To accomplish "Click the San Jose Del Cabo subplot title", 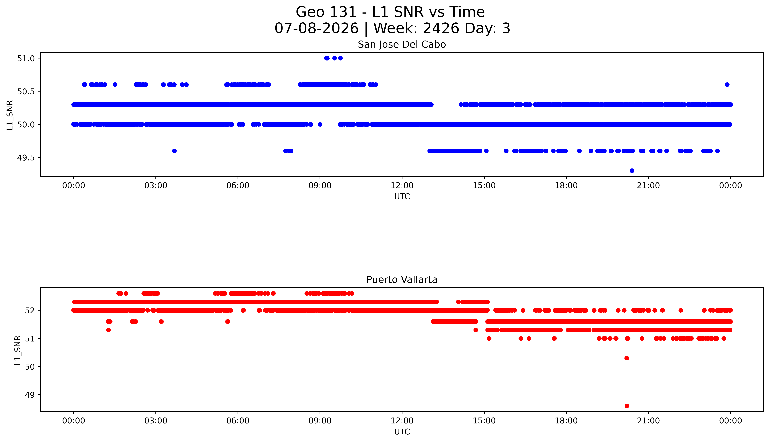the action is (x=402, y=45).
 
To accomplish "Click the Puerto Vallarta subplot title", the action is (x=402, y=280).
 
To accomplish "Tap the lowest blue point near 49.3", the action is (x=632, y=171).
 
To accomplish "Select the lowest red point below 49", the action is (x=627, y=406).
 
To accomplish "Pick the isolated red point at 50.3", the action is (x=627, y=358).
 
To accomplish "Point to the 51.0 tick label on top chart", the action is (x=26, y=58).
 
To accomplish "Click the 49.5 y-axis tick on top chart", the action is (x=26, y=158).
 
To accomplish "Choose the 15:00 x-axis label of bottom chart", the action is (x=484, y=421).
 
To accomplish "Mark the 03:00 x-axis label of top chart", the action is (x=156, y=186).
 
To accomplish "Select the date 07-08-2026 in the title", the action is (x=316, y=29).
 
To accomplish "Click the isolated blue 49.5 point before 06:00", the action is (x=174, y=151).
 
